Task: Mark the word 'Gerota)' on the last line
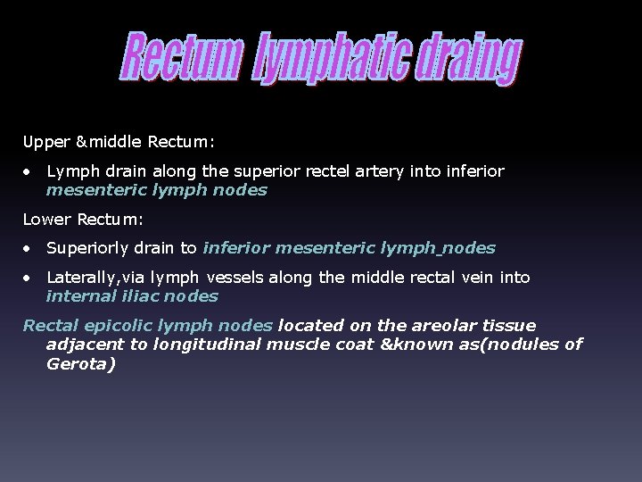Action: click(x=80, y=363)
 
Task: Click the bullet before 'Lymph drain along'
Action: click(x=29, y=170)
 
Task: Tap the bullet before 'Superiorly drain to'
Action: click(x=29, y=248)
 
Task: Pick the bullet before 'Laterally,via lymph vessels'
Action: click(x=29, y=278)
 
